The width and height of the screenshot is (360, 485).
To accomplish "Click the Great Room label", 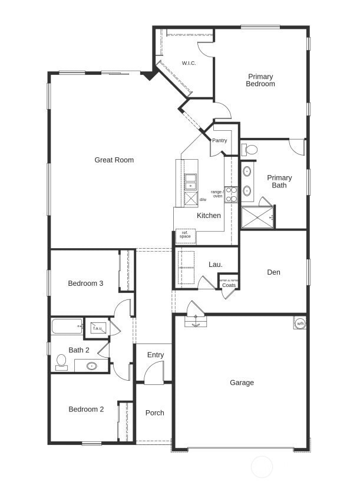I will (114, 160).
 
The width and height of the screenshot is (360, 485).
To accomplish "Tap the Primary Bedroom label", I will (260, 80).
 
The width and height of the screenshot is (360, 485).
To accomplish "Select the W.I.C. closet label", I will (189, 63).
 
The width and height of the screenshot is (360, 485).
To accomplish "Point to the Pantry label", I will (219, 140).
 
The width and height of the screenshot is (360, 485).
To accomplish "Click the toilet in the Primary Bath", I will (250, 150).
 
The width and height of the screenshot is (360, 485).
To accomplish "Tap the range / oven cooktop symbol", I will (231, 194).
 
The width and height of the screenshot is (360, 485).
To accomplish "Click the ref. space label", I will (185, 235).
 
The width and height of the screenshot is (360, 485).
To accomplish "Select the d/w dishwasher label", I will (203, 200).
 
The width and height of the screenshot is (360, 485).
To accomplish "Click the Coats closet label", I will (229, 285).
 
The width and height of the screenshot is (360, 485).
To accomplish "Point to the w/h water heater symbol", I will (300, 323).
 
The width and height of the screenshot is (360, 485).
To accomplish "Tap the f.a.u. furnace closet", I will (97, 328).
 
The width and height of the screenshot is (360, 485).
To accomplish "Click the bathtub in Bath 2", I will (67, 326).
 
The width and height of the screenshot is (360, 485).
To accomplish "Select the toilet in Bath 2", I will (61, 361).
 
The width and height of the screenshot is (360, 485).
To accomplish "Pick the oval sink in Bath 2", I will (92, 366).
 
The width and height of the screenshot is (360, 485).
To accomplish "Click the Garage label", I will (242, 382).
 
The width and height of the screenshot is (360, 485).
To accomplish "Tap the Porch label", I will (154, 413).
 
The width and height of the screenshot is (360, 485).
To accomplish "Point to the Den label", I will (273, 272).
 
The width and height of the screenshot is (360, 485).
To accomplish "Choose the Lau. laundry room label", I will (216, 265).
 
